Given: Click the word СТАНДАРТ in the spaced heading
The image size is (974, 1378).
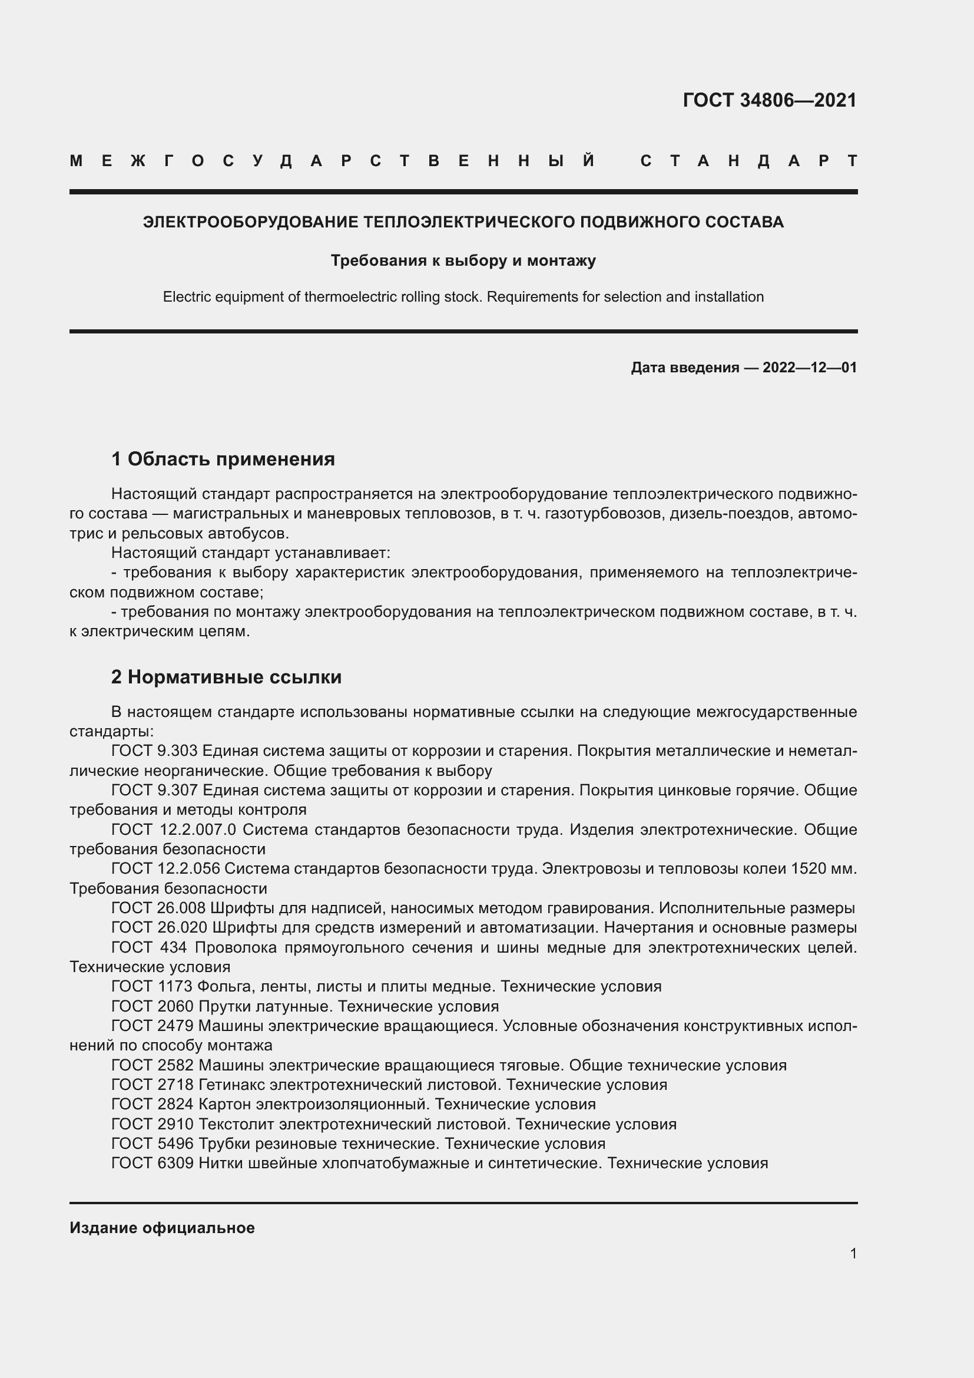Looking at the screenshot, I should click(x=748, y=161).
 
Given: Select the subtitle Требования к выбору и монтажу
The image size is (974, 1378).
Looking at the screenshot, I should click(x=463, y=260).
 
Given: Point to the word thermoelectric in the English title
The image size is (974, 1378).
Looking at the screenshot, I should click(x=348, y=297).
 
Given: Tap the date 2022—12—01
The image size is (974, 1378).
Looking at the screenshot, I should click(x=809, y=367).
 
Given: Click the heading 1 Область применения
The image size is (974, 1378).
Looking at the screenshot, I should click(x=223, y=459).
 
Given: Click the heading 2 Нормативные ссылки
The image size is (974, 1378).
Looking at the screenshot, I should click(x=226, y=677).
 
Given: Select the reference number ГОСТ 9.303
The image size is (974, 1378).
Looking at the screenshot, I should click(x=155, y=751).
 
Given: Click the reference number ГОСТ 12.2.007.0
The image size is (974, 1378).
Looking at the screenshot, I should click(x=174, y=830).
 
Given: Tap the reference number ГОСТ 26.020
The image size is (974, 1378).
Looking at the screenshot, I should click(x=159, y=927).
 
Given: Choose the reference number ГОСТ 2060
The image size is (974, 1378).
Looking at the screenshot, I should click(x=153, y=1006).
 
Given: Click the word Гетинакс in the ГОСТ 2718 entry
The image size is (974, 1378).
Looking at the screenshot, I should click(x=231, y=1085).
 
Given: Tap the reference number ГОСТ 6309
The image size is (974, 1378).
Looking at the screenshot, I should click(x=153, y=1163).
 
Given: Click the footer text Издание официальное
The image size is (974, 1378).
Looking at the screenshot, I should click(x=162, y=1228).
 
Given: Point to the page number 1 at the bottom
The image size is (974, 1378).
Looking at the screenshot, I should click(x=853, y=1253).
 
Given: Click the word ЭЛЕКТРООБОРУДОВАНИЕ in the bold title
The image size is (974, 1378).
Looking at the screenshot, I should click(x=251, y=222).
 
